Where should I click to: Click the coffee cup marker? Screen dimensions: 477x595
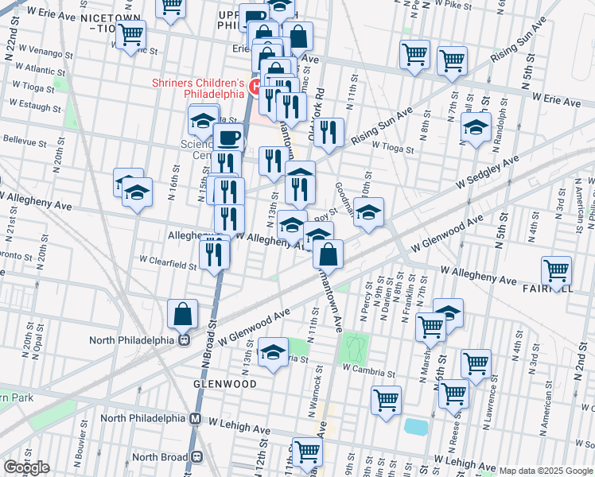[229, 138]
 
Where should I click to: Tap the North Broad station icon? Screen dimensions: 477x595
[196, 456]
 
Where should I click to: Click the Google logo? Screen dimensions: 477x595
[25, 467]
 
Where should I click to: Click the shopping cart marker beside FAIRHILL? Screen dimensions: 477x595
[555, 270]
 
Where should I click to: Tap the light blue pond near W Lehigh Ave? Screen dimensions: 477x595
[415, 426]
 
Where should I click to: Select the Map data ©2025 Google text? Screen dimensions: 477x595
[545, 471]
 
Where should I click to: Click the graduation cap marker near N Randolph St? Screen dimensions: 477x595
[476, 127]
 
